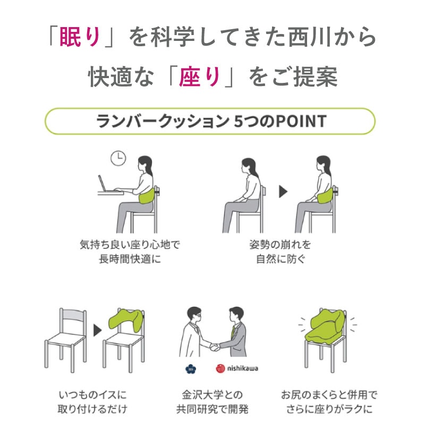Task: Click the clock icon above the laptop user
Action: pyautogui.click(x=118, y=158)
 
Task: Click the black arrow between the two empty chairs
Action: pyautogui.click(x=97, y=330)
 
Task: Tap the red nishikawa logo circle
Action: pyautogui.click(x=220, y=368)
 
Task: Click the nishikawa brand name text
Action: pyautogui.click(x=242, y=368)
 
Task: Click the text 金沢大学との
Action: pyautogui.click(x=212, y=395)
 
